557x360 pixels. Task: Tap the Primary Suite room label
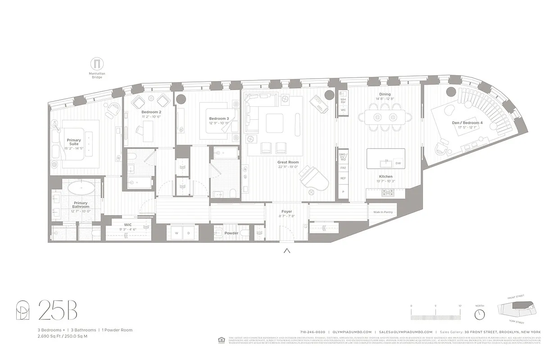pos(74,143)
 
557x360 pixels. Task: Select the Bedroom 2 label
pos(151,112)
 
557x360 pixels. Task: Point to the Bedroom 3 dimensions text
pos(219,123)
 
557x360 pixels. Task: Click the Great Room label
pos(288,162)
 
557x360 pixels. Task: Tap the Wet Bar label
pos(343,101)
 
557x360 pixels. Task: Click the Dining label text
pos(385,94)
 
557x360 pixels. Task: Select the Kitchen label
pos(385,176)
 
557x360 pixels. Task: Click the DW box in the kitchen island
pos(398,163)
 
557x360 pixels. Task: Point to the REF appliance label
pos(343,178)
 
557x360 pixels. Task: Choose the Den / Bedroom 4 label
pos(467,122)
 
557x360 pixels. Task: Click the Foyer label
pos(286,211)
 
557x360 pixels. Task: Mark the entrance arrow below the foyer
pos(286,251)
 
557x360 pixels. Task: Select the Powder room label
pos(231,233)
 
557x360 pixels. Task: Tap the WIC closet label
pos(127,224)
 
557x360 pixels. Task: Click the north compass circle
pos(480,314)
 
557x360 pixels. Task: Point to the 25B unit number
pos(58,310)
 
